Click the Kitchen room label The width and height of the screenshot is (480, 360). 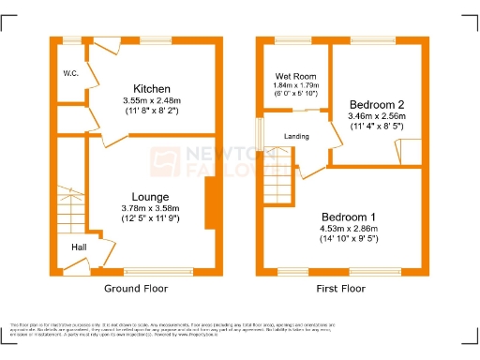pos(150,89)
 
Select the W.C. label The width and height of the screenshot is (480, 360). pos(70,73)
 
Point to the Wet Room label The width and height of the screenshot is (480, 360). pos(293,76)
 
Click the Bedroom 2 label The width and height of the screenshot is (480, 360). pos(376,104)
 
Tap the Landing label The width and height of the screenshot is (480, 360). pos(297,137)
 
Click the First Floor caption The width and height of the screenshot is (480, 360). pos(339,289)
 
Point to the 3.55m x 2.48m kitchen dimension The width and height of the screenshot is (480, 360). pos(150,101)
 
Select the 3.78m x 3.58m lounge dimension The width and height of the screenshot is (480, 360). pos(150,209)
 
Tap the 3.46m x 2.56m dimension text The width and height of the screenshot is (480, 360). pos(376,117)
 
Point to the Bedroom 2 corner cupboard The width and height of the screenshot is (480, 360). pos(409,149)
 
